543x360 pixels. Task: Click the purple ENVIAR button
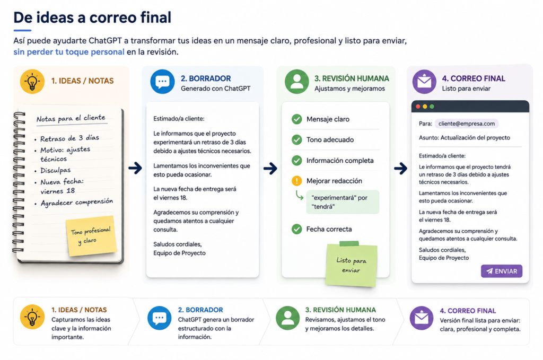[x=502, y=271]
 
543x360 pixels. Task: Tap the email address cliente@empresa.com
[x=467, y=124]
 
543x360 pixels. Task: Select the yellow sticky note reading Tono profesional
[x=91, y=236]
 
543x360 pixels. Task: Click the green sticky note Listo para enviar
[x=351, y=265]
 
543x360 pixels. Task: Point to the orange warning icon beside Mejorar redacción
[x=297, y=181]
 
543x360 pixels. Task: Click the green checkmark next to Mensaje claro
[x=297, y=119]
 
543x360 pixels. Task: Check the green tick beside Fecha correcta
[x=297, y=229]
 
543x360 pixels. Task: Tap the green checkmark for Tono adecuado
[x=297, y=139]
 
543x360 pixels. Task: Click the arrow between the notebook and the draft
[x=135, y=168]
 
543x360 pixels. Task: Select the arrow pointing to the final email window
[x=400, y=169]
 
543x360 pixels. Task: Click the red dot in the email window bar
[x=418, y=107]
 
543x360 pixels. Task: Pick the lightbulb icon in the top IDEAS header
[x=32, y=82]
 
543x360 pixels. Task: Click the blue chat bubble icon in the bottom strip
[x=159, y=318]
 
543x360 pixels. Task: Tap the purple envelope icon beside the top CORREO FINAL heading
[x=424, y=82]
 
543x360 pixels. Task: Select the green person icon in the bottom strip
[x=288, y=318]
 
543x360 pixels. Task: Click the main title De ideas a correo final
[x=92, y=17]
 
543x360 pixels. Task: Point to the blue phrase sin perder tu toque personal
[x=69, y=52]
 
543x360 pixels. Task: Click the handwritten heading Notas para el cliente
[x=71, y=118]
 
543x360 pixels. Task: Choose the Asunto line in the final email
[x=465, y=137]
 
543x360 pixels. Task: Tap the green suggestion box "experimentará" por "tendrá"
[x=343, y=202]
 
